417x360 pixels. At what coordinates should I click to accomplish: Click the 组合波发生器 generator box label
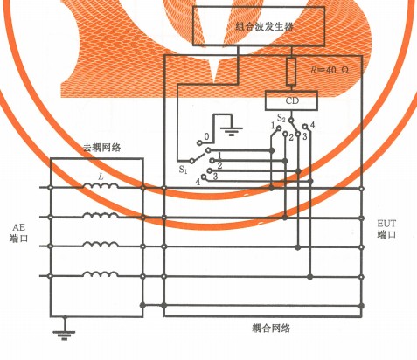click(264, 27)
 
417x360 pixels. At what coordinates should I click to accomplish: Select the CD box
click(291, 100)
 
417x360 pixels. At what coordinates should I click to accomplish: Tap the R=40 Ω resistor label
click(330, 70)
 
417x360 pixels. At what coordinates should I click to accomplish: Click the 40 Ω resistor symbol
click(291, 72)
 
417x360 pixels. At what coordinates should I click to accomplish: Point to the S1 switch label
click(183, 170)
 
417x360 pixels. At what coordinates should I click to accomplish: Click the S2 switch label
click(281, 118)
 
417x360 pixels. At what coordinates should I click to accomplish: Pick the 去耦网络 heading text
click(102, 148)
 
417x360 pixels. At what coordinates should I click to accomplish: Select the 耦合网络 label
click(271, 329)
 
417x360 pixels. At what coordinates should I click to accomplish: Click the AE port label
click(18, 233)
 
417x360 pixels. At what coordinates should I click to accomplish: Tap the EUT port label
click(386, 229)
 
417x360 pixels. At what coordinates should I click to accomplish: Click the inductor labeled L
click(101, 185)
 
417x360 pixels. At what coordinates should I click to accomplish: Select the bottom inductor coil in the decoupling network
click(101, 273)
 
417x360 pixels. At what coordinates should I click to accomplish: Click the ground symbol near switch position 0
click(232, 131)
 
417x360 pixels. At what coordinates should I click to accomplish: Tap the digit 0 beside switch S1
click(206, 136)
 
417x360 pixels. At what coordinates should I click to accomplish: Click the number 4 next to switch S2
click(312, 126)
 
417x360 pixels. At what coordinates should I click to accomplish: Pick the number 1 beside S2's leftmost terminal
click(273, 126)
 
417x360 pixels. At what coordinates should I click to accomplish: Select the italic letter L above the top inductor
click(101, 177)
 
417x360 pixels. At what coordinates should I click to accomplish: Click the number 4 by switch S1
click(198, 182)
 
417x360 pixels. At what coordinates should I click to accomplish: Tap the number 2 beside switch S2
click(291, 137)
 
